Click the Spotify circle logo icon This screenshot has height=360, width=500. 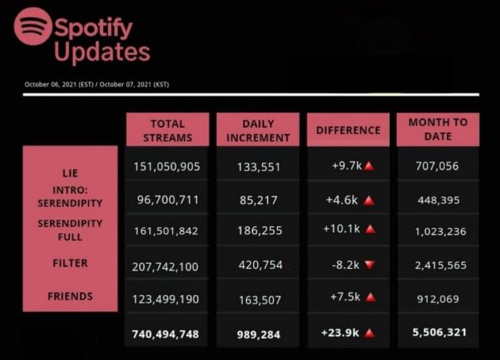[33, 26]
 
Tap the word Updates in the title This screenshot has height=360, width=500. [102, 52]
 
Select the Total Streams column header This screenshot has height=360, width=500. [167, 130]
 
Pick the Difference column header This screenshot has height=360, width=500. [348, 130]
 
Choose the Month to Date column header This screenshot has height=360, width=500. [438, 129]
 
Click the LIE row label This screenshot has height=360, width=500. [70, 172]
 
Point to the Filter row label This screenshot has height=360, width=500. [70, 262]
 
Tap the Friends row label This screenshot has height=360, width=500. [70, 296]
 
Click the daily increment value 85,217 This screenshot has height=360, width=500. [258, 200]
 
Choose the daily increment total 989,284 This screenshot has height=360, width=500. [258, 335]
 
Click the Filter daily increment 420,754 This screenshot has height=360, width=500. [258, 265]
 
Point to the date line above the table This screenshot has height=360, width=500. [97, 84]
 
